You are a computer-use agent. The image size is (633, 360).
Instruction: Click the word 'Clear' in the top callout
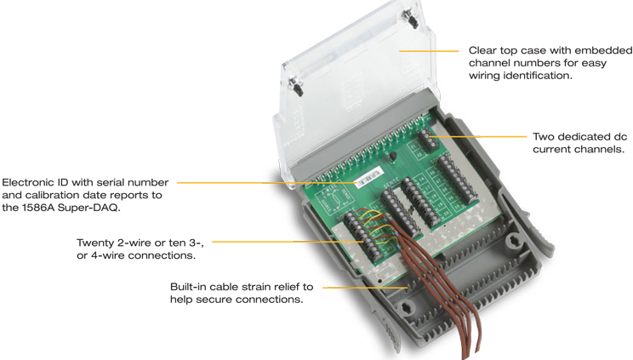click(x=482, y=50)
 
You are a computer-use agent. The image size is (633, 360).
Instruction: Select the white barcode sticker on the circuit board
click(x=368, y=177)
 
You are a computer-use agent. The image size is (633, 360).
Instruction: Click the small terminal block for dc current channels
click(x=429, y=140)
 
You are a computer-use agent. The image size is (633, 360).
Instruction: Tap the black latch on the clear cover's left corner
click(x=296, y=86)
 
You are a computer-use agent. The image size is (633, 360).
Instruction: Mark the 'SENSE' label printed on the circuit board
click(x=392, y=183)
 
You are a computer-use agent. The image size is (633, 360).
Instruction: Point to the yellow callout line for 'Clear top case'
click(x=429, y=51)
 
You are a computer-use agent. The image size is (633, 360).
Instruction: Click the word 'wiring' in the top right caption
click(x=483, y=76)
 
